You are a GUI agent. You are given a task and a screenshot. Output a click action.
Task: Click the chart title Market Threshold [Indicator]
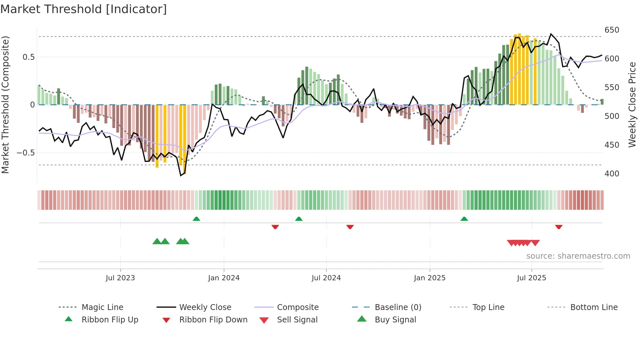pyautogui.click(x=84, y=9)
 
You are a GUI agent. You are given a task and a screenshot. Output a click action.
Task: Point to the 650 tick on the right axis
pyautogui.click(x=612, y=30)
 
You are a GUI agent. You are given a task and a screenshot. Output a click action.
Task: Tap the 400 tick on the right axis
pyautogui.click(x=612, y=174)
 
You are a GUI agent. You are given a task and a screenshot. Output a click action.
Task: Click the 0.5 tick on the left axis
pyautogui.click(x=28, y=57)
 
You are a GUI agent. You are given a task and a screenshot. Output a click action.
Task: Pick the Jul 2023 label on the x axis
pyautogui.click(x=120, y=278)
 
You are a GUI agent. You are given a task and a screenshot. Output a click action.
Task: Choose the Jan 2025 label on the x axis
pyautogui.click(x=429, y=278)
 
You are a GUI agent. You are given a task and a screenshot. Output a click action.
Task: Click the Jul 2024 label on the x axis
pyautogui.click(x=326, y=278)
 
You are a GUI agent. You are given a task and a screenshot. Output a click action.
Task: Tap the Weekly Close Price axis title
pyautogui.click(x=632, y=105)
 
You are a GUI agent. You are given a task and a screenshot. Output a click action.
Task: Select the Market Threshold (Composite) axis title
pyautogui.click(x=5, y=105)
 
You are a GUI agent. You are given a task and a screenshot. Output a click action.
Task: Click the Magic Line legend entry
pyautogui.click(x=102, y=307)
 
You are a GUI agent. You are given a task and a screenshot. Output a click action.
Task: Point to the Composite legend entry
pyautogui.click(x=297, y=307)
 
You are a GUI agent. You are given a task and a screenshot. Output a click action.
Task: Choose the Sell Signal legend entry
pyautogui.click(x=297, y=320)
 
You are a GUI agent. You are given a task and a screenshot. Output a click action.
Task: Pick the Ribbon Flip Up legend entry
pyautogui.click(x=110, y=320)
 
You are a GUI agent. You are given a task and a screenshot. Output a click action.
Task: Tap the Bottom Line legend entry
pyautogui.click(x=594, y=307)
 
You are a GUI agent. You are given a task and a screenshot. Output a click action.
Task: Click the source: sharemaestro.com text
pyautogui.click(x=578, y=256)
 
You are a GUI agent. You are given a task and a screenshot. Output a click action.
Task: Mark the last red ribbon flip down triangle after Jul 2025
pyautogui.click(x=559, y=227)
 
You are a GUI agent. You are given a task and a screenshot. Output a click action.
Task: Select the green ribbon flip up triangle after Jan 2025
pyautogui.click(x=464, y=219)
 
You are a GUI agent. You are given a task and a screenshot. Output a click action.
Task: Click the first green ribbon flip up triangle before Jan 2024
pyautogui.click(x=196, y=219)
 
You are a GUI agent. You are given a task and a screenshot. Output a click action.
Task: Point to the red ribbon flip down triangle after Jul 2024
pyautogui.click(x=350, y=227)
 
